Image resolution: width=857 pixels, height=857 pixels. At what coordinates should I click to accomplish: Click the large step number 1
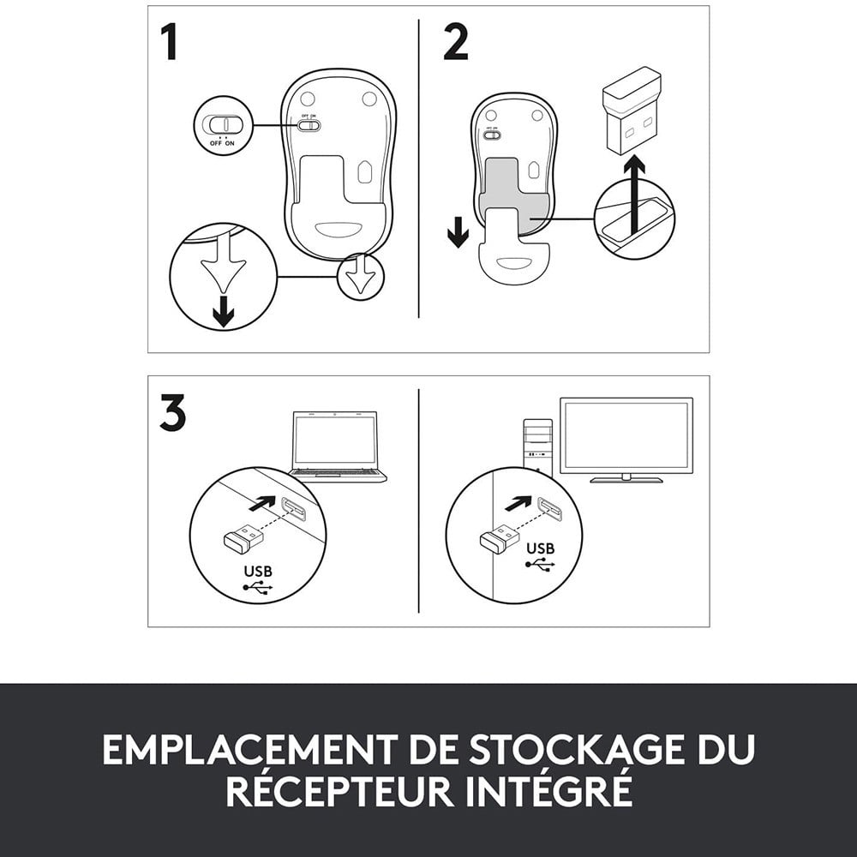(170, 42)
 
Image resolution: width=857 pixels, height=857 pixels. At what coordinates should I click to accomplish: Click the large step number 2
(456, 42)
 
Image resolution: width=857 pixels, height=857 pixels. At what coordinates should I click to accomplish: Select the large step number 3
(173, 413)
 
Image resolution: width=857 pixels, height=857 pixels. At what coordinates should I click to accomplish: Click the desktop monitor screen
(626, 435)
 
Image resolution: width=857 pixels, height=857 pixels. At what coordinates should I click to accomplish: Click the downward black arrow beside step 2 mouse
(458, 231)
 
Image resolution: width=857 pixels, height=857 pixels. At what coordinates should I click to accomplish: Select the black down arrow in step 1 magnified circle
(223, 311)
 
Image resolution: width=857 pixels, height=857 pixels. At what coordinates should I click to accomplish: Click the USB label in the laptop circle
(258, 571)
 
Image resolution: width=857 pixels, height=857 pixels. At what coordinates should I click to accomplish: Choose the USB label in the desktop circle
(541, 548)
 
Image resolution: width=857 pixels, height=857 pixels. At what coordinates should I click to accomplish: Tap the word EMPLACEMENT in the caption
(250, 749)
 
